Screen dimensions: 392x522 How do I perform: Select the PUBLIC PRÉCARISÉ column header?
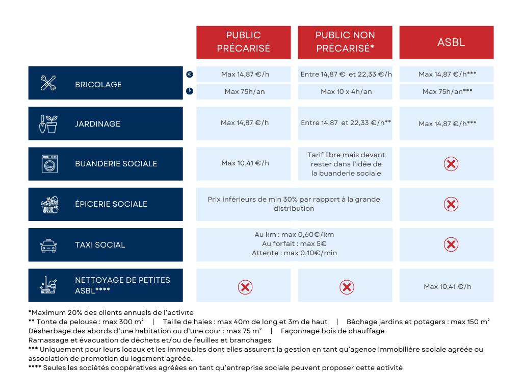243,42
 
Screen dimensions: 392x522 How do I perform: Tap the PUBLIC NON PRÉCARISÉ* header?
345,42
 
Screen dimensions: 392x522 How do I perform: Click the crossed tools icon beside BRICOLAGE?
48,83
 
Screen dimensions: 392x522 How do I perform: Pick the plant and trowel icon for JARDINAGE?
48,124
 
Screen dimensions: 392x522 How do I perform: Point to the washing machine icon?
49,164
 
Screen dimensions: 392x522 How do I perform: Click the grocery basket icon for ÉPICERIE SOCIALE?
49,204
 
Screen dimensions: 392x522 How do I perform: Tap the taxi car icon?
48,246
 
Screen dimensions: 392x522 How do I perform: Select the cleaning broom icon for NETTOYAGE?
49,285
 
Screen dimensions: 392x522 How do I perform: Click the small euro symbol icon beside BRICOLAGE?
190,75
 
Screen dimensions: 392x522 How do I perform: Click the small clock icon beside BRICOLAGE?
190,91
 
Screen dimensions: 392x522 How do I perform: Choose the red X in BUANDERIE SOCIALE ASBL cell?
451,164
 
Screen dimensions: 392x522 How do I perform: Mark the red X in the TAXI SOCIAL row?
451,244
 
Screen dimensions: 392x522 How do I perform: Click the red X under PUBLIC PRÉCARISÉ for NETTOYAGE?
245,287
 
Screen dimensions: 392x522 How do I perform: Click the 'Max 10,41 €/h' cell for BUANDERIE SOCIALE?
245,163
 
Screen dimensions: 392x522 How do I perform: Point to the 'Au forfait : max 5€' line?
294,244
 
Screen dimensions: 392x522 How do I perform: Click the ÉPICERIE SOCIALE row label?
111,204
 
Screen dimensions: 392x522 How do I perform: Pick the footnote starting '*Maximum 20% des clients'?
111,312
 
